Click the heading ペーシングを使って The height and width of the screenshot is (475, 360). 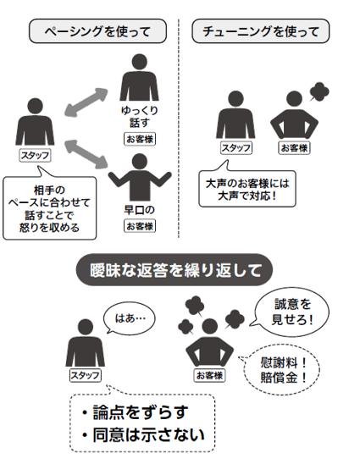(97, 31)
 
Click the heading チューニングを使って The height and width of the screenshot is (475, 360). (261, 31)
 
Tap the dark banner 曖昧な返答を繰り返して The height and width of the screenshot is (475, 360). (174, 270)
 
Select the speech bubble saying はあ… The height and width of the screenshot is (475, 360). (130, 318)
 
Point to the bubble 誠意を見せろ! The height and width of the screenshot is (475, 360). (291, 312)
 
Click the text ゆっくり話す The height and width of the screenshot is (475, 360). (140, 116)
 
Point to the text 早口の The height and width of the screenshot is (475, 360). (140, 210)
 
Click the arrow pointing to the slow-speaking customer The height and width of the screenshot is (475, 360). (86, 102)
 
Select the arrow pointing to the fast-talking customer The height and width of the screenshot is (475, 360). (86, 154)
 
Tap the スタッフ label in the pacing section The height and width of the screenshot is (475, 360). (35, 156)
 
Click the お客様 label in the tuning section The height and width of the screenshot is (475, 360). (294, 148)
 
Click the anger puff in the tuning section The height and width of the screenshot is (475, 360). (318, 91)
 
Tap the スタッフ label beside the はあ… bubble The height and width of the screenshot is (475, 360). (86, 376)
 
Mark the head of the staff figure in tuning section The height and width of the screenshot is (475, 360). (235, 98)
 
